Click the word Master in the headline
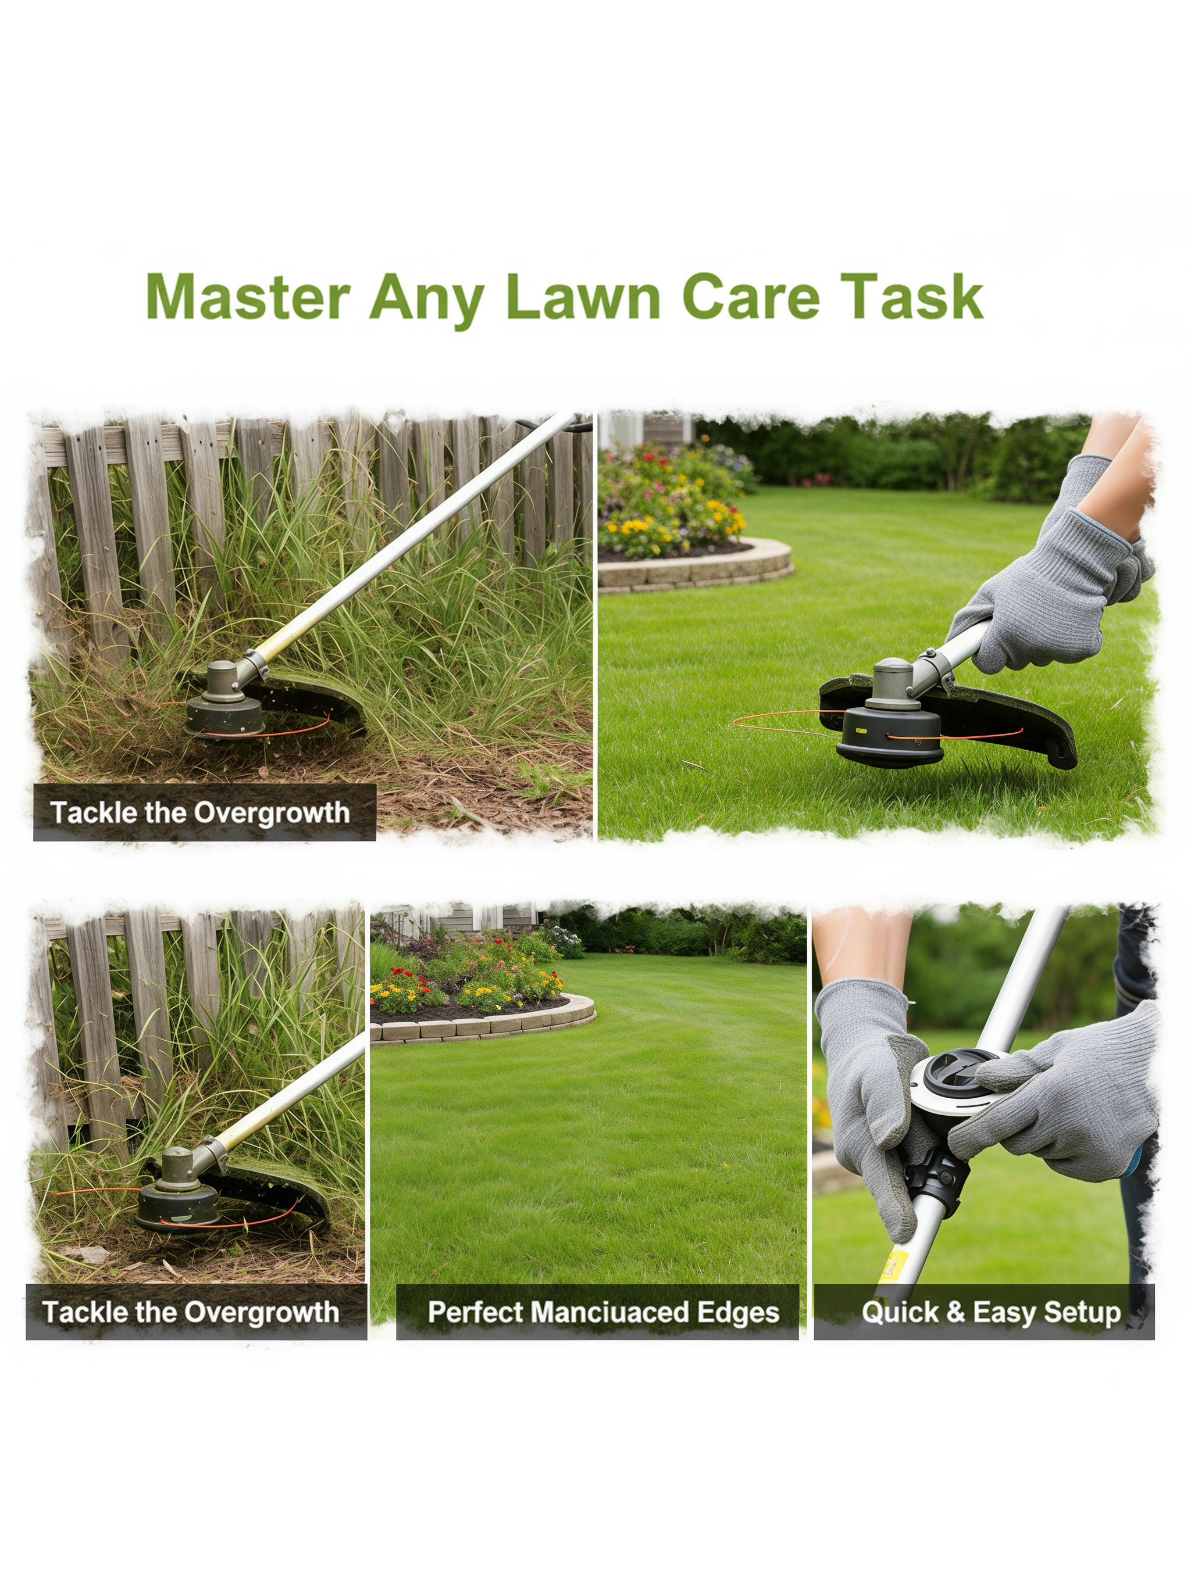click(x=248, y=296)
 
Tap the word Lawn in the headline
click(x=582, y=296)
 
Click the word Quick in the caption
click(x=900, y=1312)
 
